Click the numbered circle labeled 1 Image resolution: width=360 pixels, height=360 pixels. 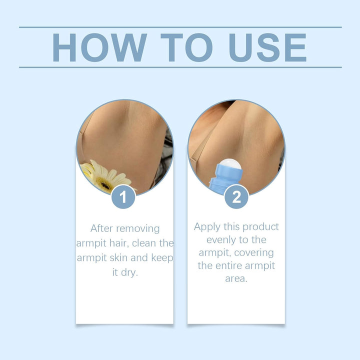click(x=123, y=196)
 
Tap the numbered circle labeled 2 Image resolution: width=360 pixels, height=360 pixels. click(x=236, y=196)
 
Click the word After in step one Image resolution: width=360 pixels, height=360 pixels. click(x=101, y=228)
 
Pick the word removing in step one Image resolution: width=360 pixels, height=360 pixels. click(x=137, y=228)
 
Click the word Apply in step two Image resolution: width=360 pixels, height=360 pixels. click(x=207, y=227)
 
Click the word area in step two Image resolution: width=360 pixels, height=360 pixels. click(x=236, y=278)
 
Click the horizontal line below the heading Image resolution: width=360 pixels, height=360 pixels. click(x=180, y=67)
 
